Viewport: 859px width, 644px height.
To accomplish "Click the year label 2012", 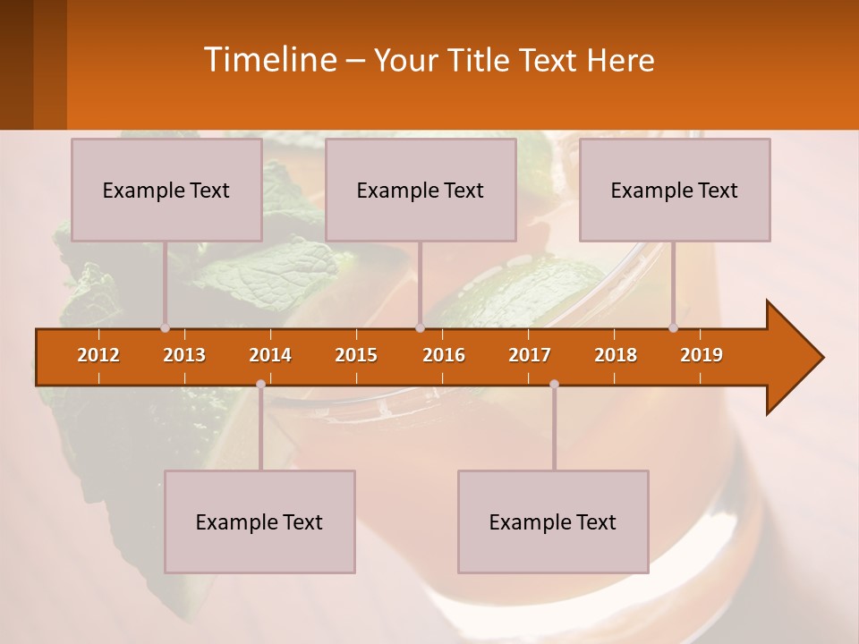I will (x=98, y=355).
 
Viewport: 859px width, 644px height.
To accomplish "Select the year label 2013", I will (x=184, y=355).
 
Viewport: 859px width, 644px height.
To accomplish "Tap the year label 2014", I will (x=270, y=355).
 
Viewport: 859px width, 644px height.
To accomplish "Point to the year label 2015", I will (x=356, y=355).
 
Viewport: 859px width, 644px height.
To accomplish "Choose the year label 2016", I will (x=444, y=355).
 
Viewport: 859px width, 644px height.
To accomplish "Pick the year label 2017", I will (x=530, y=355).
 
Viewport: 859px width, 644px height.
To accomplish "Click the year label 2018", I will (x=616, y=355).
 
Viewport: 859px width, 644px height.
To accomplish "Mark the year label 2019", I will (x=702, y=355).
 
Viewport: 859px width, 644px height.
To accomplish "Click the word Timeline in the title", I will (x=268, y=60).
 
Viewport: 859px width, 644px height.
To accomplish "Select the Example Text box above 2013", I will (x=166, y=190).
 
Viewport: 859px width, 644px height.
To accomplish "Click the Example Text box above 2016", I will (x=421, y=190).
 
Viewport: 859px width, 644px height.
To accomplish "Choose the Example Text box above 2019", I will (x=675, y=190).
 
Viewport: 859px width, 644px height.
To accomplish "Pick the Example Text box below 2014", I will (x=259, y=521).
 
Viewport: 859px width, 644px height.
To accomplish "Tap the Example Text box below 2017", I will (x=553, y=521).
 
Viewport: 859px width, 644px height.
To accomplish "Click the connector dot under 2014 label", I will (x=260, y=384).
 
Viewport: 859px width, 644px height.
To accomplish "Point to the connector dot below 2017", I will (x=554, y=384).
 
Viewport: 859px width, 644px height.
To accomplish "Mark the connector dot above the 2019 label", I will (x=674, y=328).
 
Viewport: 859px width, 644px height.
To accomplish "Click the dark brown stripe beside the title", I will (x=17, y=64).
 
